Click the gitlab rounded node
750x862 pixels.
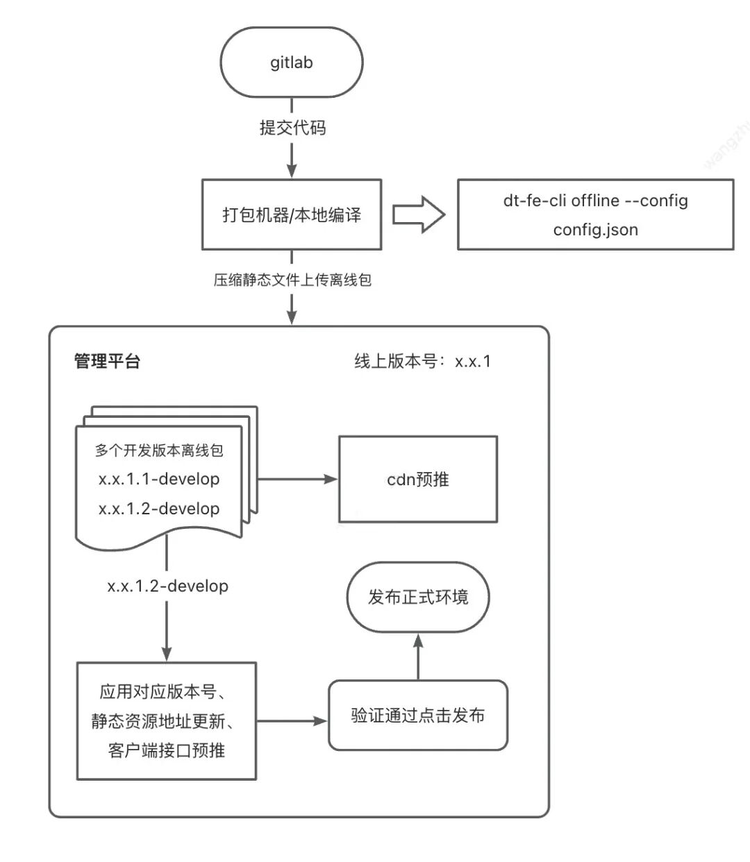[292, 62]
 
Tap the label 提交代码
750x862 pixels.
[292, 128]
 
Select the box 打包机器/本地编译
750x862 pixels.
[292, 214]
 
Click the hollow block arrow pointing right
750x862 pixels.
[418, 214]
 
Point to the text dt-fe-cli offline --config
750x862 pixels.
[595, 201]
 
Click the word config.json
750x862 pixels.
[595, 230]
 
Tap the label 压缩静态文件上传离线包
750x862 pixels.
[292, 280]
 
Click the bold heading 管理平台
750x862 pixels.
[107, 361]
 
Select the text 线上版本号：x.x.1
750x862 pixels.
[422, 361]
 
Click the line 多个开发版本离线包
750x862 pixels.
[159, 450]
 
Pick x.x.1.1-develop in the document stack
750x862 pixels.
[159, 479]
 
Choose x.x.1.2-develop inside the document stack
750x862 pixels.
[159, 509]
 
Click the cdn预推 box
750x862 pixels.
[418, 479]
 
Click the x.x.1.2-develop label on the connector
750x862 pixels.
[167, 586]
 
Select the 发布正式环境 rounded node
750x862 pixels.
[418, 597]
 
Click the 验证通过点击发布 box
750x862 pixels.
[418, 716]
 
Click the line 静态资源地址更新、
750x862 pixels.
[164, 721]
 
